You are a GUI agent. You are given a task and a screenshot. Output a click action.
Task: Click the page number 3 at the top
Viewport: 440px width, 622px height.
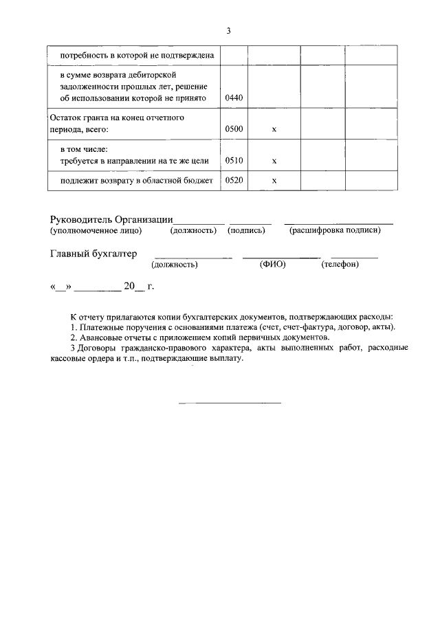click(x=228, y=31)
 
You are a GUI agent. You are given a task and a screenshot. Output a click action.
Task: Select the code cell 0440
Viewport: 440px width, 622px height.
click(x=234, y=98)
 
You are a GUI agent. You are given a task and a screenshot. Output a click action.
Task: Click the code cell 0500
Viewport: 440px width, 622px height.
click(x=234, y=129)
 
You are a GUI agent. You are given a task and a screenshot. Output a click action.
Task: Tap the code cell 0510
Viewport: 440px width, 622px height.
click(x=234, y=160)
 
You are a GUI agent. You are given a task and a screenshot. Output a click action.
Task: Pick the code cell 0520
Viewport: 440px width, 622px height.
click(x=234, y=181)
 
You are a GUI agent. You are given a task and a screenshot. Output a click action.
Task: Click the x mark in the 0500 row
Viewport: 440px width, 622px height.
click(x=274, y=129)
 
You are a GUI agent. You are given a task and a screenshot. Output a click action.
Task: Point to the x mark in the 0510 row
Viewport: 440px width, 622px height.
click(x=274, y=161)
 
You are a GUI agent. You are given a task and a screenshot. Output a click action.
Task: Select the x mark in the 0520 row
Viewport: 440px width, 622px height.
click(x=274, y=181)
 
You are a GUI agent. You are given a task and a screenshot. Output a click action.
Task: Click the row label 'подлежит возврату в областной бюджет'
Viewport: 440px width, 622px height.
click(x=136, y=181)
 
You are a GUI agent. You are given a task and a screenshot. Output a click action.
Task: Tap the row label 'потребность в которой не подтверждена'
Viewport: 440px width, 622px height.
click(x=137, y=54)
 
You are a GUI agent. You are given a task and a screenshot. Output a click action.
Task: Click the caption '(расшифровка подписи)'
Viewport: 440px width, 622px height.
click(x=335, y=230)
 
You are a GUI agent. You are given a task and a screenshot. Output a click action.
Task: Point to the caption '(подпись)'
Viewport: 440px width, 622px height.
click(x=246, y=230)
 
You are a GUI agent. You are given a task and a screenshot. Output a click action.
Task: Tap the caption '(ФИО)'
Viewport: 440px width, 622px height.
click(x=272, y=264)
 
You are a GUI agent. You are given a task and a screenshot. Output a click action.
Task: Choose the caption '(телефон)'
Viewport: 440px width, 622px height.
click(x=340, y=264)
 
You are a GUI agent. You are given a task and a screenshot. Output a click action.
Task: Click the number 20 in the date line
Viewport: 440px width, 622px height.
click(x=129, y=287)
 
